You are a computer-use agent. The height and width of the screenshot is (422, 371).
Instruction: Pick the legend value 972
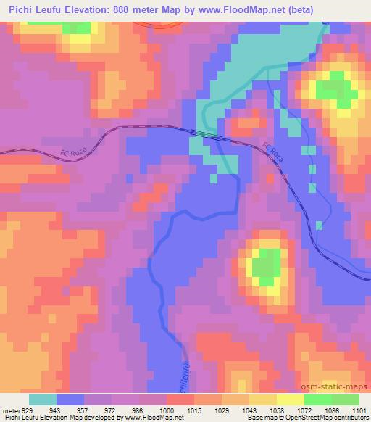(x=110, y=410)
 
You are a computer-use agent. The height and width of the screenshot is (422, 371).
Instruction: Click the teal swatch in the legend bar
(x=43, y=400)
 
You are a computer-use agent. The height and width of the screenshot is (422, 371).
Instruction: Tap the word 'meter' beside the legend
(x=12, y=410)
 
